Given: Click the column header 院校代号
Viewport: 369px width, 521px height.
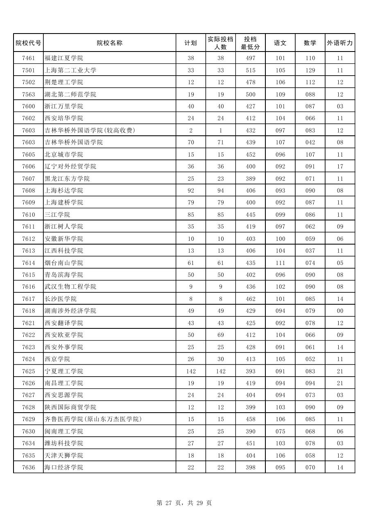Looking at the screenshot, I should click(x=28, y=43).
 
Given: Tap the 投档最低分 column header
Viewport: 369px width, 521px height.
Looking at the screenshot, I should click(x=250, y=43).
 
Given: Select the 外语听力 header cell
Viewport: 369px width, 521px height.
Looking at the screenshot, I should click(x=340, y=43).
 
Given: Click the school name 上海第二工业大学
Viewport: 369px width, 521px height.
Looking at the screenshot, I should click(x=70, y=70).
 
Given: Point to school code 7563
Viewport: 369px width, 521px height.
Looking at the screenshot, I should click(x=28, y=94).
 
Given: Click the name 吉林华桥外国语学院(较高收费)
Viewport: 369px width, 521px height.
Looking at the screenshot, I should click(x=90, y=130).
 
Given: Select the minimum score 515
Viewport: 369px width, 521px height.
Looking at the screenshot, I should click(x=250, y=70).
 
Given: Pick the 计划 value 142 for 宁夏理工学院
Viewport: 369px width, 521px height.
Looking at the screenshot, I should click(x=190, y=371).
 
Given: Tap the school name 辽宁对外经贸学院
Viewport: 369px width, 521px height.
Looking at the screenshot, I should click(x=70, y=166).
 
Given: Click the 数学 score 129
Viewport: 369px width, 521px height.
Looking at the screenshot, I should click(x=310, y=70).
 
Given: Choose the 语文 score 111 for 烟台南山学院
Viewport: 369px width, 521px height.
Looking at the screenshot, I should click(x=280, y=263).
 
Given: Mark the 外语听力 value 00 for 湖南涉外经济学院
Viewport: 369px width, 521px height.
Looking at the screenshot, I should click(x=340, y=311).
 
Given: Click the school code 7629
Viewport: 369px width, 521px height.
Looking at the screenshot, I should click(x=28, y=419).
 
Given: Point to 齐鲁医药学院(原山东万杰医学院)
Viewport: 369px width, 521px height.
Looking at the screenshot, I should click(x=93, y=419).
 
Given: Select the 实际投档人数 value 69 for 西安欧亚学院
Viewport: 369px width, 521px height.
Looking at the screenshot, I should click(x=220, y=335).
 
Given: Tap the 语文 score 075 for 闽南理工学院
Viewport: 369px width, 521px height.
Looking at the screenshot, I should click(x=280, y=431).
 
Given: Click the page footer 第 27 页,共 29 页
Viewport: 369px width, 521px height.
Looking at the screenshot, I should click(x=184, y=503).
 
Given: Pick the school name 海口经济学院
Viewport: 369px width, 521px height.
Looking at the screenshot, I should click(x=64, y=467).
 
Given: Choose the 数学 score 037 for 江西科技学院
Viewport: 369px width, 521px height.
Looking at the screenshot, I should click(x=310, y=251).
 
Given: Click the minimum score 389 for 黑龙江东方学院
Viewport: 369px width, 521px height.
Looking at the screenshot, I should click(x=250, y=179).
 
